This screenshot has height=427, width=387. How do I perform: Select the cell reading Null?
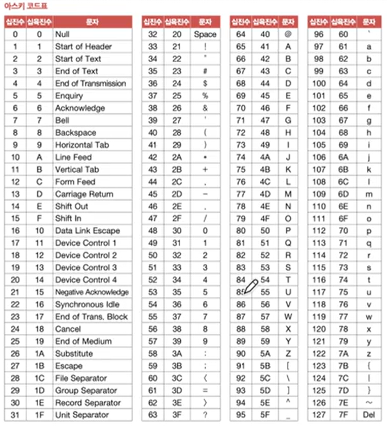tap(62, 34)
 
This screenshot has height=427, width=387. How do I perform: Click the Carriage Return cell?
tap(84, 194)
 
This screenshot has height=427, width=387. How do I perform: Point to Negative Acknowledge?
tap(92, 292)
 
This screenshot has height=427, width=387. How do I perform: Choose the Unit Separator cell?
tap(82, 415)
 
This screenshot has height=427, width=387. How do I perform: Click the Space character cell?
tap(205, 34)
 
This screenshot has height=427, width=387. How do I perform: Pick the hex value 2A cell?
tap(177, 157)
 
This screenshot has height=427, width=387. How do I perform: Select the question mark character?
tap(205, 415)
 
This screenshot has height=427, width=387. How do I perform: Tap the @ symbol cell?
tap(287, 34)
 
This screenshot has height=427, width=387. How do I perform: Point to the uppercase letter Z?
tap(288, 353)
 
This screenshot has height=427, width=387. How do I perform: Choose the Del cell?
tap(369, 415)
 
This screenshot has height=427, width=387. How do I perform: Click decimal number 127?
tap(318, 415)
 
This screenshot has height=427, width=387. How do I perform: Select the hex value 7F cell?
tap(343, 415)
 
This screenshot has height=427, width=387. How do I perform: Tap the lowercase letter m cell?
tap(369, 194)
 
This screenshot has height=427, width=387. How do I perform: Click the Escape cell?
tap(69, 366)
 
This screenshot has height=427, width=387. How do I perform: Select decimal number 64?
tap(241, 34)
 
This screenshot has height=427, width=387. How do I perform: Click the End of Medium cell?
tap(83, 341)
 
